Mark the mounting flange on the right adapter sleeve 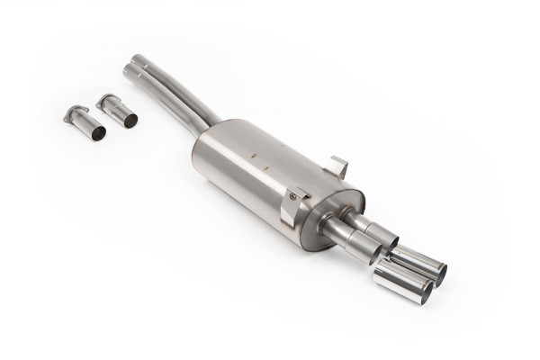point(105,98)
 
